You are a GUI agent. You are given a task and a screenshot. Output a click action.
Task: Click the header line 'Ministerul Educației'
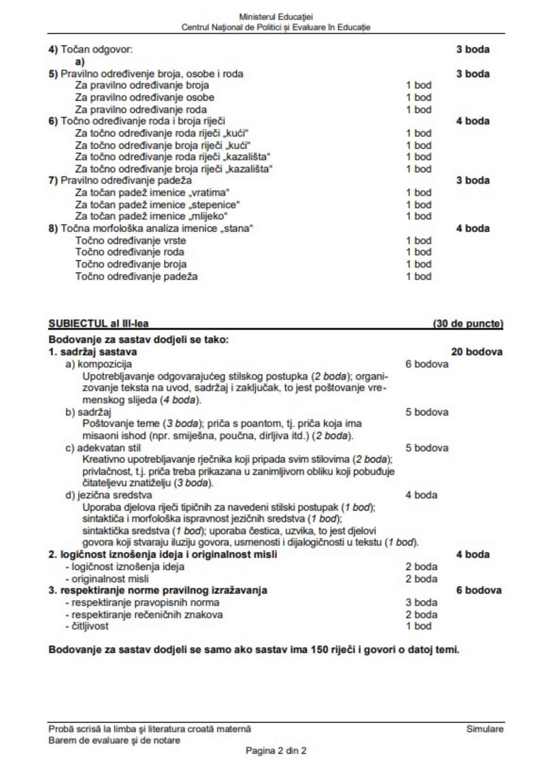276,18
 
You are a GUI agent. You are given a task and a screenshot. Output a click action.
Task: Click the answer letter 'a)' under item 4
80,62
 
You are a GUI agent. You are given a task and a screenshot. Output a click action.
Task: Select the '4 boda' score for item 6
472,121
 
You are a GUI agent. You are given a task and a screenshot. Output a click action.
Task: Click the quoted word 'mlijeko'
209,216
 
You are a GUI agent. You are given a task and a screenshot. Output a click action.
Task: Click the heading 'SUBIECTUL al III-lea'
98,323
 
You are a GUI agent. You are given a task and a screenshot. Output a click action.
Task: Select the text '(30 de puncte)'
468,323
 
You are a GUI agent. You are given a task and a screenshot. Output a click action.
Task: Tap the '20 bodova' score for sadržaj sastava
477,352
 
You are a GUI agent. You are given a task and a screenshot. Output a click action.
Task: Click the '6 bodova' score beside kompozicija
426,364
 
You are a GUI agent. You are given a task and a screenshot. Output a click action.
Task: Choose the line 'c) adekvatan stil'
103,448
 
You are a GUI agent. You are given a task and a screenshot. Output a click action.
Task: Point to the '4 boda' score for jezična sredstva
421,495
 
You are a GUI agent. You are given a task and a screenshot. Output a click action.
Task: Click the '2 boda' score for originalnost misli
421,579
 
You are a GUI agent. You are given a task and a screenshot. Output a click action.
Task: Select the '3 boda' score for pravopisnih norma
421,603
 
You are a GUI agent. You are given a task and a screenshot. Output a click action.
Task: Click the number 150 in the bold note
319,650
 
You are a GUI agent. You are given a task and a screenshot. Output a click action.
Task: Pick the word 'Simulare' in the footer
485,729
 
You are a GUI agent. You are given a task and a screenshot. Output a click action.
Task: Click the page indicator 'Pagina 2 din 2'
276,751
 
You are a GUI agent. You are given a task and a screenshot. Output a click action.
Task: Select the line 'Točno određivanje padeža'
137,276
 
